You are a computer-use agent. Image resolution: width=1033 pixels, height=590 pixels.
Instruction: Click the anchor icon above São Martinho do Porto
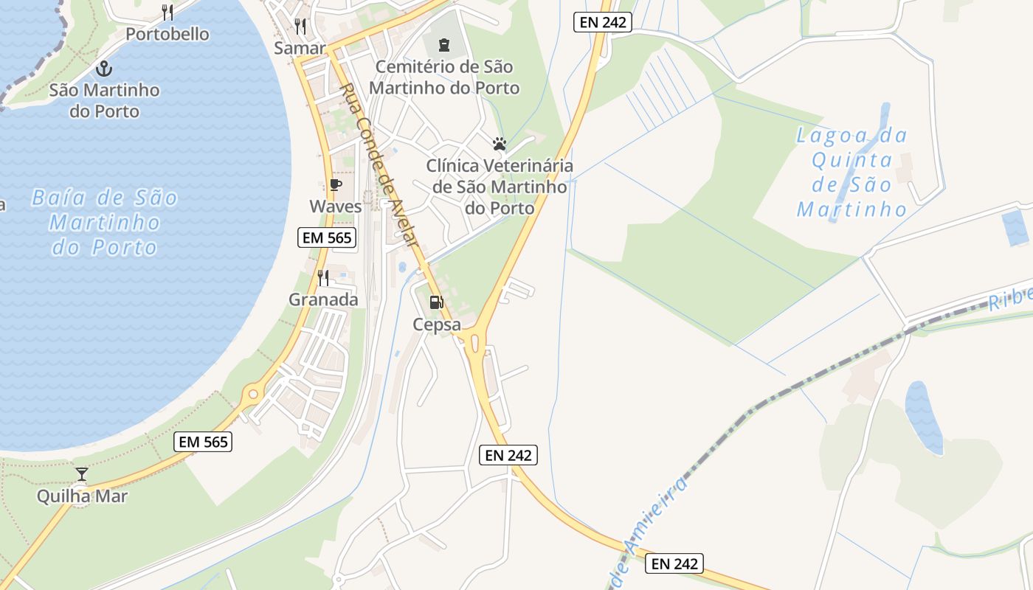click(x=104, y=69)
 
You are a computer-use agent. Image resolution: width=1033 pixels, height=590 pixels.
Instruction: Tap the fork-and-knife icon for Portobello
click(x=167, y=13)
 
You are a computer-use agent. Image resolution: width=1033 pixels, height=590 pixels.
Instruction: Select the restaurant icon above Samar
click(x=300, y=27)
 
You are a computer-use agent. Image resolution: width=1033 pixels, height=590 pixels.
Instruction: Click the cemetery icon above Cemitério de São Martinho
click(x=443, y=45)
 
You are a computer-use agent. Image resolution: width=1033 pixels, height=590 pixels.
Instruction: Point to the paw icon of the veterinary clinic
click(x=500, y=143)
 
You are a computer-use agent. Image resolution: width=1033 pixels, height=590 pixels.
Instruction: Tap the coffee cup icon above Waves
click(x=336, y=185)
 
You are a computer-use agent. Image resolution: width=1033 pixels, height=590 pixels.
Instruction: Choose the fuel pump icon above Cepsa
click(x=436, y=302)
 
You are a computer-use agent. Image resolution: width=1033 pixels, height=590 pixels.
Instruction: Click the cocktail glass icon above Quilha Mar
click(x=82, y=473)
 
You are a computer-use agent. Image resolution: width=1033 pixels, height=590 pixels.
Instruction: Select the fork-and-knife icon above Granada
click(x=323, y=277)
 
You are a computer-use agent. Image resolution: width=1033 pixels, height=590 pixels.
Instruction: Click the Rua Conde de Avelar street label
click(x=379, y=165)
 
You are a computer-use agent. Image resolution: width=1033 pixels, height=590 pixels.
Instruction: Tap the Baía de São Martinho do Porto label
click(x=105, y=222)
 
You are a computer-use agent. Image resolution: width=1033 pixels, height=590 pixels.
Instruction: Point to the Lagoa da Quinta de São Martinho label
click(x=852, y=173)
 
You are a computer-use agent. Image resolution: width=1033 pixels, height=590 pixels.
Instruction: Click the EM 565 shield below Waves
click(x=328, y=237)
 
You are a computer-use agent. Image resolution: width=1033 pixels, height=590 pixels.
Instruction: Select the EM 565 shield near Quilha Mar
click(x=204, y=442)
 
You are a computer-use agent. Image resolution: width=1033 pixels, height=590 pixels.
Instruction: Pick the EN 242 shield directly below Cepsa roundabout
click(x=508, y=455)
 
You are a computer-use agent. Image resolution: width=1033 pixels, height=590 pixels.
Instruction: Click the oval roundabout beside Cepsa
click(x=474, y=342)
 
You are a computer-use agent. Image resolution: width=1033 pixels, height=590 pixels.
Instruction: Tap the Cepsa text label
click(x=437, y=324)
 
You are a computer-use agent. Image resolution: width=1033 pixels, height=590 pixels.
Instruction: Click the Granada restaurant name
click(x=323, y=299)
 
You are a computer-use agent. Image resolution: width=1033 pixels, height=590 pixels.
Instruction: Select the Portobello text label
click(x=167, y=34)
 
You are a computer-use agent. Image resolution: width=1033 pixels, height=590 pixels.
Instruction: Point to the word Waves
click(x=336, y=206)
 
